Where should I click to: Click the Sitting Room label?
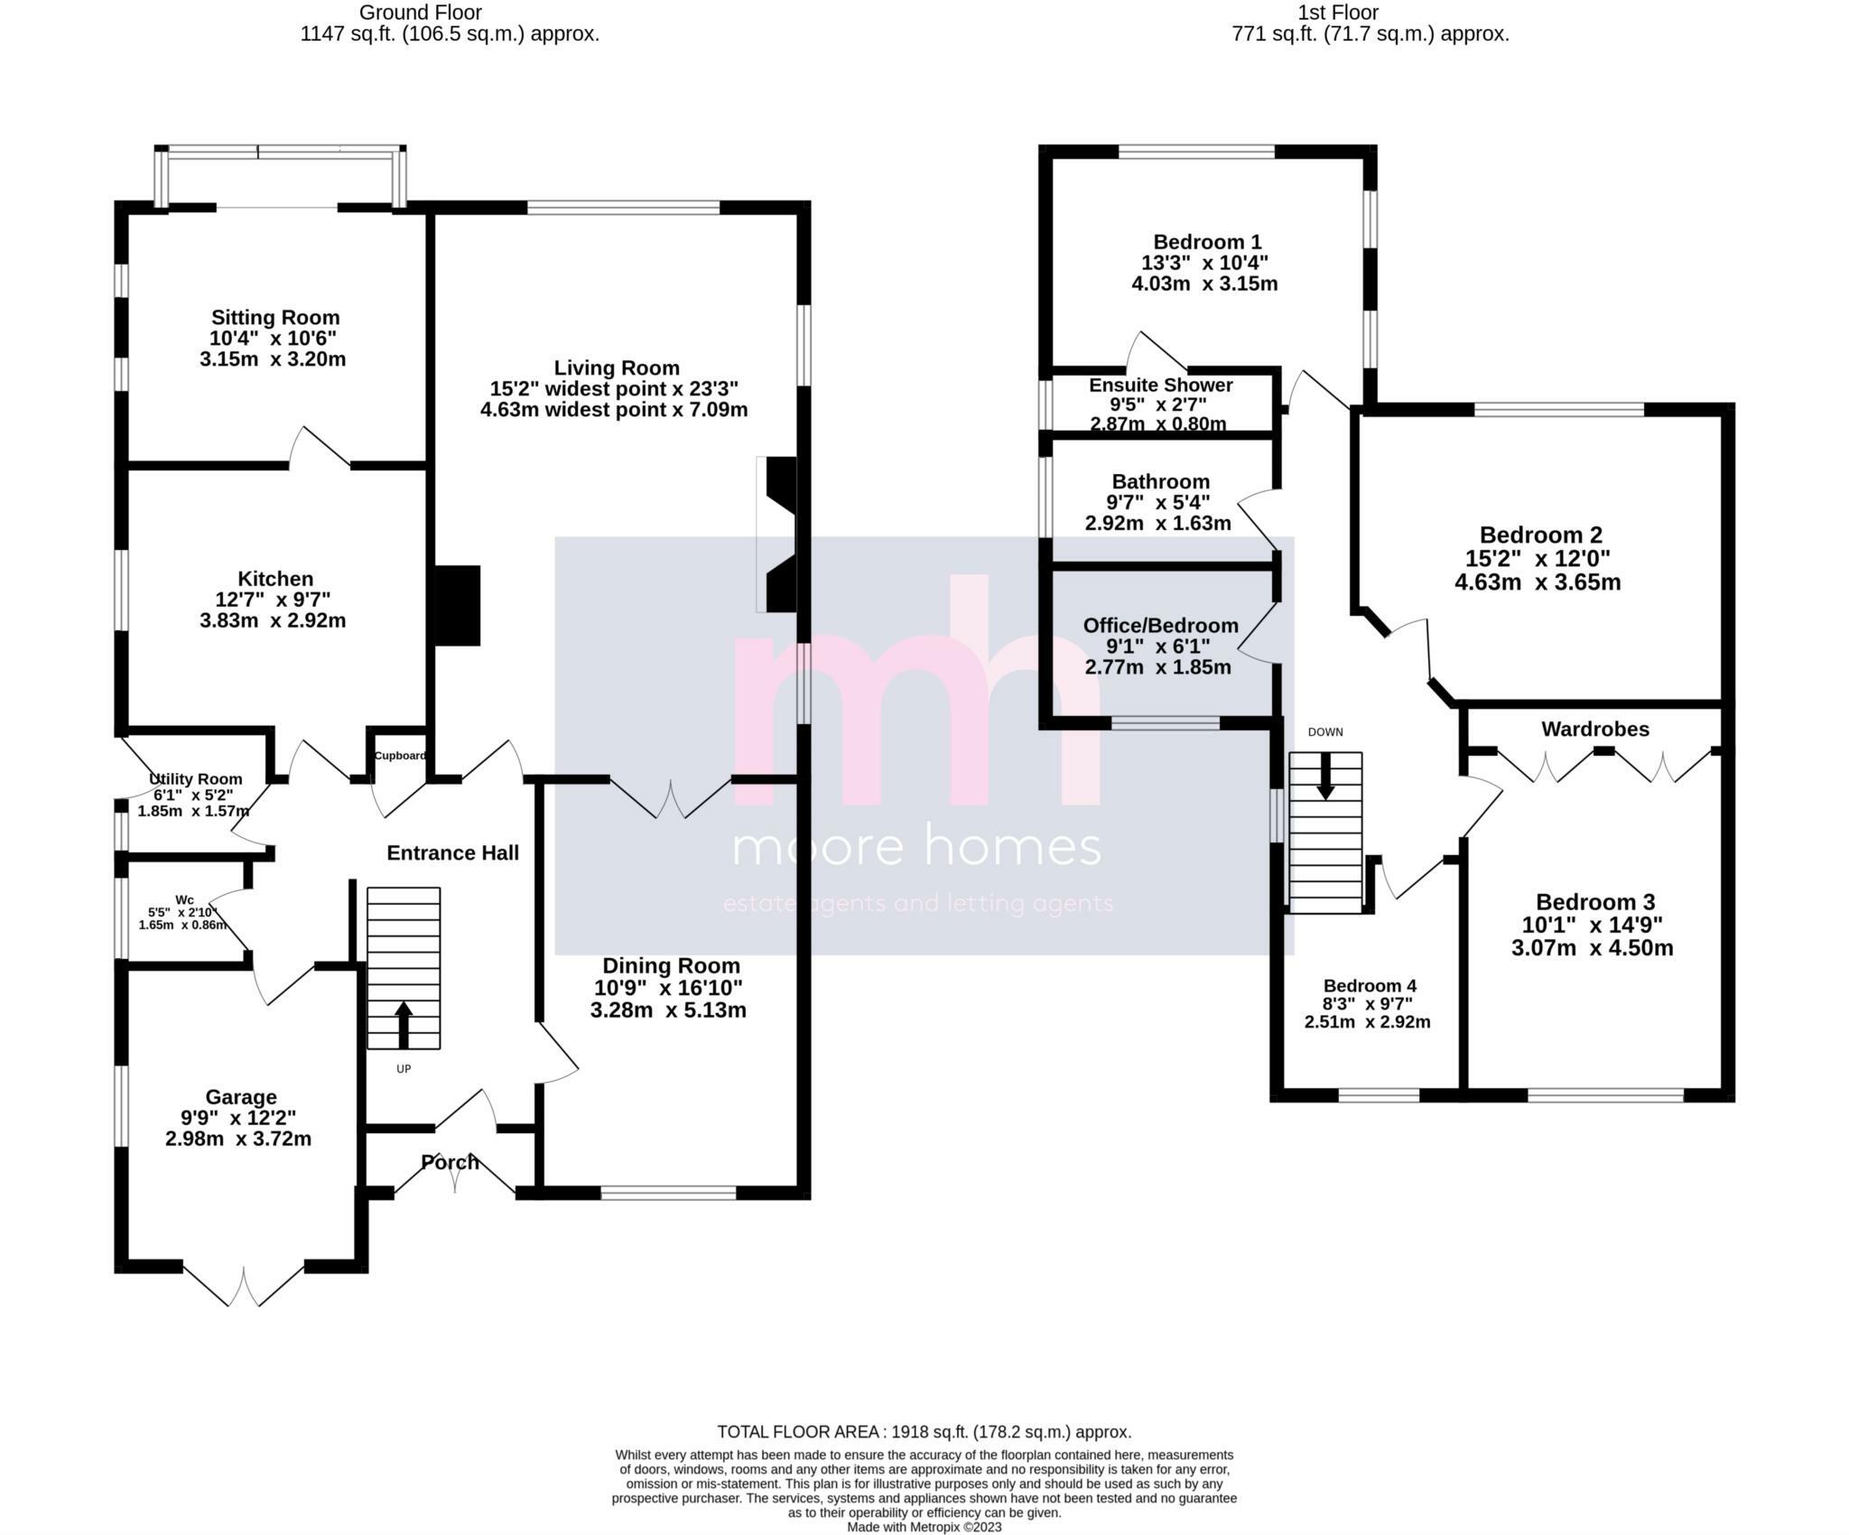275,317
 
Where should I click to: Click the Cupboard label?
399,756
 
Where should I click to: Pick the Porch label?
450,1162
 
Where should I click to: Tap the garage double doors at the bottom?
244,1284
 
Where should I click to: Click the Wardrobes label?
1594,729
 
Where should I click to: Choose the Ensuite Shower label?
1160,386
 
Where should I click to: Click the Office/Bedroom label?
1160,626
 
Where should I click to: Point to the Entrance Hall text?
452,852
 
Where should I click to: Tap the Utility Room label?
195,778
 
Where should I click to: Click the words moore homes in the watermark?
916,849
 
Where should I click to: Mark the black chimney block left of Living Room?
458,605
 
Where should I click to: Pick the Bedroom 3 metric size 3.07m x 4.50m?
1592,948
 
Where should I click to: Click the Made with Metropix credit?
924,1527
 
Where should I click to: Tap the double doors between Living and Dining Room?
671,797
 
